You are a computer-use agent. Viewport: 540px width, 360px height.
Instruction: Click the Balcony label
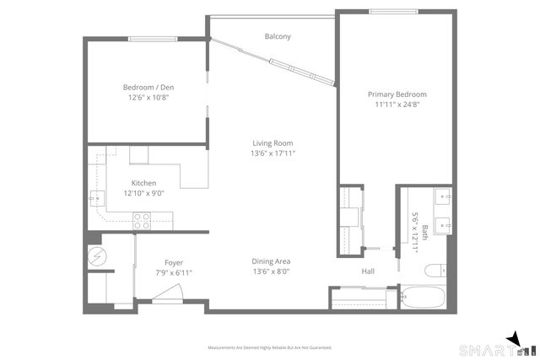(x=278, y=36)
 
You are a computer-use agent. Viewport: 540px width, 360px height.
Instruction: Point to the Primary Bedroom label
(x=397, y=94)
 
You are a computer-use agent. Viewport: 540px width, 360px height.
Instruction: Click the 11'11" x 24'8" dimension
(x=397, y=105)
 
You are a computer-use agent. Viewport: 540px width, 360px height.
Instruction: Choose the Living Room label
(x=272, y=143)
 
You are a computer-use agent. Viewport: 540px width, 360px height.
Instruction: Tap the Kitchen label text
(x=143, y=183)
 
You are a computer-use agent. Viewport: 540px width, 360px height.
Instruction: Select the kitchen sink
(x=97, y=200)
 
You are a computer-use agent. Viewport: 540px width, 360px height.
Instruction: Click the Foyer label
(x=174, y=263)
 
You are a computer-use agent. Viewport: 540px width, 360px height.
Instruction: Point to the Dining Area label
(x=272, y=261)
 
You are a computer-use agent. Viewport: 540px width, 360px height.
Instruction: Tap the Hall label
(x=368, y=271)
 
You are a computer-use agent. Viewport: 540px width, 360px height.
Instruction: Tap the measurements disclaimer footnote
(x=270, y=347)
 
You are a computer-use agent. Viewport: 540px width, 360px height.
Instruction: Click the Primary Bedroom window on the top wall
(x=392, y=11)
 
